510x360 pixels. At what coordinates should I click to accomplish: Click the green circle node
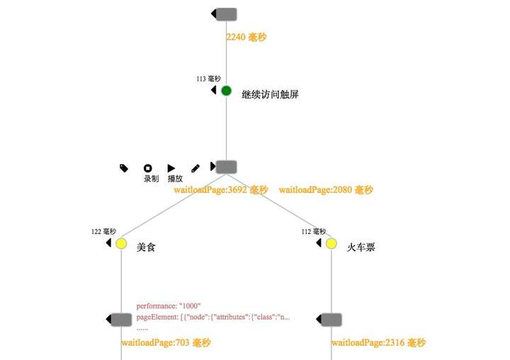click(226, 91)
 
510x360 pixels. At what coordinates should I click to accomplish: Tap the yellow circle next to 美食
click(121, 244)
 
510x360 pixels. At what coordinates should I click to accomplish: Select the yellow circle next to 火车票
click(331, 244)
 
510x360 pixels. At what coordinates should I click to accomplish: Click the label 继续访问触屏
click(270, 94)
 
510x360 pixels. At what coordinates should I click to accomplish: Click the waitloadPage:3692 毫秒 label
click(221, 190)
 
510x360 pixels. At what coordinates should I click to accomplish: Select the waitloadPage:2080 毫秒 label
click(326, 190)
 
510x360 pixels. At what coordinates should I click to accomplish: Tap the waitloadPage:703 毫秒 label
click(166, 343)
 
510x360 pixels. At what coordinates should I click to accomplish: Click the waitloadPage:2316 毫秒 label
click(378, 343)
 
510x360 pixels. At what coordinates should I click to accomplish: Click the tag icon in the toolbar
click(124, 168)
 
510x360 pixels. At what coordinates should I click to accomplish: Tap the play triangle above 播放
click(171, 168)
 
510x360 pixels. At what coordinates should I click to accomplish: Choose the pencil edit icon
click(195, 169)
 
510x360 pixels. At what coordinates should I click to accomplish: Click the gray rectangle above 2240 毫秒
click(226, 14)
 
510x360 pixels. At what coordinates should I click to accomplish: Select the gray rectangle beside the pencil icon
click(226, 167)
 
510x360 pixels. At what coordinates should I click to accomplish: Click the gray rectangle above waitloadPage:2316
click(331, 320)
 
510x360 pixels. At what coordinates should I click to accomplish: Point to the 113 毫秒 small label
click(209, 79)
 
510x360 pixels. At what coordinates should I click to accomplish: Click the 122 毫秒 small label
click(103, 232)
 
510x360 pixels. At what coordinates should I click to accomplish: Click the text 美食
click(146, 247)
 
